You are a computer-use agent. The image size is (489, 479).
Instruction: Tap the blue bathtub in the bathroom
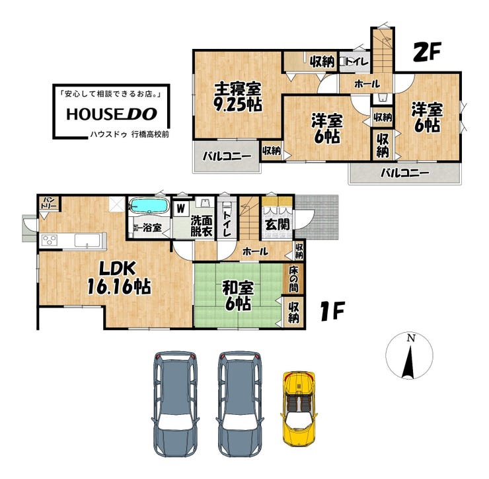coord(149,206)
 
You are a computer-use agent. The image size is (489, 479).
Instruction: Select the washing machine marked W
coord(181,208)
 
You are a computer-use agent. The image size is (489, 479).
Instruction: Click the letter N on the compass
coord(412,338)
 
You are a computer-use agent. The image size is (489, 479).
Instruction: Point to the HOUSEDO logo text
coord(112,114)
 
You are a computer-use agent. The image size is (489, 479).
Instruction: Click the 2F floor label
coord(427,52)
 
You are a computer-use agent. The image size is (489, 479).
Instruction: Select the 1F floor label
coord(332,311)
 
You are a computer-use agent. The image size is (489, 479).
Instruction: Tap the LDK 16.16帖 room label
coord(119,278)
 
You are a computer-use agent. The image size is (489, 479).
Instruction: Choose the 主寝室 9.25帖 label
coord(238,97)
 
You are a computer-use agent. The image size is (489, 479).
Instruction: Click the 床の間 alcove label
coord(293,279)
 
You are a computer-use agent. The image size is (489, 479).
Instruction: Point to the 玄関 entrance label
coord(278,224)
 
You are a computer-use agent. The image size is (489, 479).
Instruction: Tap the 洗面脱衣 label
coord(202,226)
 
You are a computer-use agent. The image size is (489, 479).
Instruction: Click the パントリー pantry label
coord(50,203)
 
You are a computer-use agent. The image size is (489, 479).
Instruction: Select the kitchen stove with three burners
coord(50,240)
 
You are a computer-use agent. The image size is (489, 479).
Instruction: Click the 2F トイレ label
coord(357,62)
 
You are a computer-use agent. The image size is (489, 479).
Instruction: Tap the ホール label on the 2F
coord(367,83)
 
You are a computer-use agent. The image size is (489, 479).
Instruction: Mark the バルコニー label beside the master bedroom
coord(227,156)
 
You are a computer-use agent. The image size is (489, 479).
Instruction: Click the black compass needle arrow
coord(408,363)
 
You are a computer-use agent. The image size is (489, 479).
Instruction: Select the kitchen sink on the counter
coord(86,241)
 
